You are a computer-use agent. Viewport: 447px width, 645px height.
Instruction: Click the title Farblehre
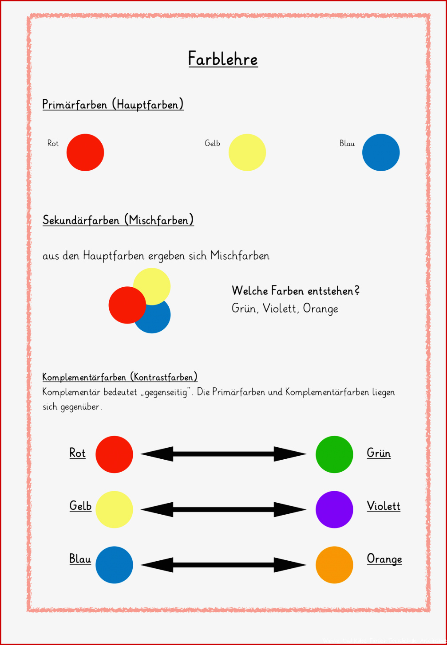coord(223,59)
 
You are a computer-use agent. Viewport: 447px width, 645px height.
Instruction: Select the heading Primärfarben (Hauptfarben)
coord(113,104)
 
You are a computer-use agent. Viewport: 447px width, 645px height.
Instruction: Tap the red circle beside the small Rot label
coord(85,152)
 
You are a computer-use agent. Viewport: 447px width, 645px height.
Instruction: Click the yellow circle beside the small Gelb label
coord(247,152)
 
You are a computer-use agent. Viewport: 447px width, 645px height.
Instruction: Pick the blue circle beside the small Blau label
coord(381,152)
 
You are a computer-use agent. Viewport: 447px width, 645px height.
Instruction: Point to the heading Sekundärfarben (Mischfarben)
coord(118,220)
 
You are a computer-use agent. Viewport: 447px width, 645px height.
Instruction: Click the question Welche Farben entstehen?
coord(296,290)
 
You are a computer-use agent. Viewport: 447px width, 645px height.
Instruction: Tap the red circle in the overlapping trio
coord(127,305)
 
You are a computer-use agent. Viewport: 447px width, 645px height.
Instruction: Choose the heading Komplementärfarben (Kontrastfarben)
coord(120,377)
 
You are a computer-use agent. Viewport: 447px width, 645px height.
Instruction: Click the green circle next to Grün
coord(334,454)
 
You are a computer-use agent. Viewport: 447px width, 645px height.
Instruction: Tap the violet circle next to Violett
coord(334,509)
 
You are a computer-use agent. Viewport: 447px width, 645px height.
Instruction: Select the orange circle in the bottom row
coord(334,565)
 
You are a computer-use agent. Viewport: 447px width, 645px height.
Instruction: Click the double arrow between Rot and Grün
coord(224,454)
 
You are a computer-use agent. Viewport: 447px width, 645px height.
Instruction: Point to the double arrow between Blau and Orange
coord(224,565)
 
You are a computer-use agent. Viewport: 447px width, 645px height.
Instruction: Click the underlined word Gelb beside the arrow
coord(80,506)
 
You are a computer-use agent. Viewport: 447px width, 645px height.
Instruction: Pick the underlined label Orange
coord(384,559)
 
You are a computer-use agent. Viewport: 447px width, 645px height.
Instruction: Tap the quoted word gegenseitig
coord(166,392)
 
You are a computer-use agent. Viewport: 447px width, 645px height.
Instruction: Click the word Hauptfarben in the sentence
coord(114,255)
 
